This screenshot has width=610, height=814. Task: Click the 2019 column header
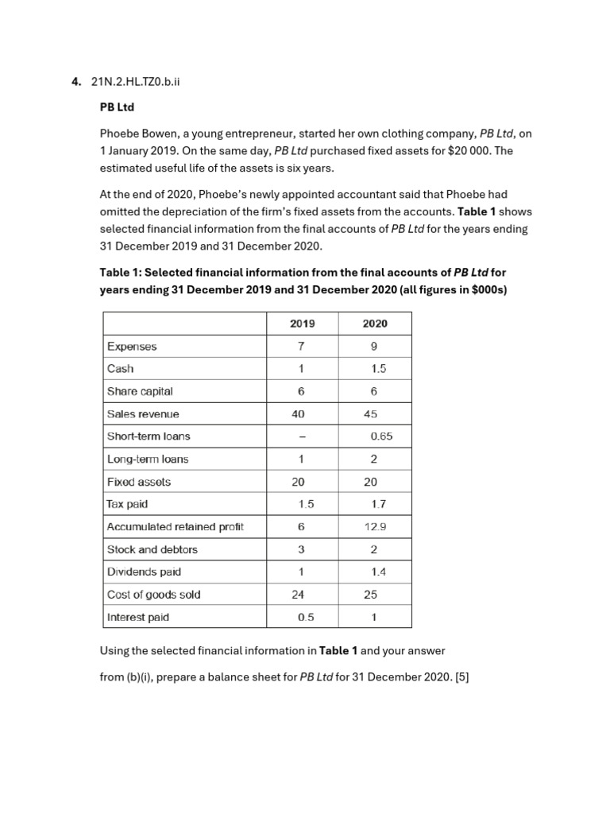tap(302, 324)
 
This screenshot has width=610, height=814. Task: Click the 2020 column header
tap(375, 324)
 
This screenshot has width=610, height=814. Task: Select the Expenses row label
tap(132, 347)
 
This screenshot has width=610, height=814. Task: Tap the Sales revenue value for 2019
tap(298, 414)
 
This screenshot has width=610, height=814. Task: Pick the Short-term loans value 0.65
tap(381, 436)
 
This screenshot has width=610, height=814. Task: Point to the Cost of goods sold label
tap(153, 595)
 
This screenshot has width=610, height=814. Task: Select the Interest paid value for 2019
tap(306, 617)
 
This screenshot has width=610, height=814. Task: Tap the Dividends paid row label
tap(144, 572)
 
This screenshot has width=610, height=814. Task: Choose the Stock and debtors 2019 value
tap(301, 549)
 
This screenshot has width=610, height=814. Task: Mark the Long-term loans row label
tap(148, 459)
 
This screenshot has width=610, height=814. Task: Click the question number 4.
tap(75, 81)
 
